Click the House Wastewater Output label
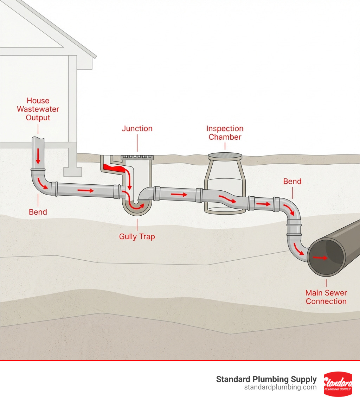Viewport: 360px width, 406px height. pyautogui.click(x=38, y=109)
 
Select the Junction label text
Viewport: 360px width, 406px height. pyautogui.click(x=137, y=129)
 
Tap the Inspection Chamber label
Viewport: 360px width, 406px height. pyautogui.click(x=225, y=133)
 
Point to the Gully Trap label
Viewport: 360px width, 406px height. pyautogui.click(x=137, y=236)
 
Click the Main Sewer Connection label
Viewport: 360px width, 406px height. pyautogui.click(x=326, y=297)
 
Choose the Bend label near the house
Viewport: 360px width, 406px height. pyautogui.click(x=38, y=212)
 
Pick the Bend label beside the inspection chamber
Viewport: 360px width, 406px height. pyautogui.click(x=292, y=182)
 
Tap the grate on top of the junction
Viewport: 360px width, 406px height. pyautogui.click(x=137, y=157)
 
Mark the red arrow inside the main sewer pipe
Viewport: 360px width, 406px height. pyautogui.click(x=320, y=258)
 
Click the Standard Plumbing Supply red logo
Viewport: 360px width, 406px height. pyautogui.click(x=337, y=384)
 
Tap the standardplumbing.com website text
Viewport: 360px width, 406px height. pyautogui.click(x=280, y=387)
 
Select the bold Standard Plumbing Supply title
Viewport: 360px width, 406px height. pyautogui.click(x=266, y=379)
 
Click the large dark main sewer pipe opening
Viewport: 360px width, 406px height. pyautogui.click(x=326, y=256)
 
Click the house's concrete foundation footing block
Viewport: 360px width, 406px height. pyautogui.click(x=72, y=172)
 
